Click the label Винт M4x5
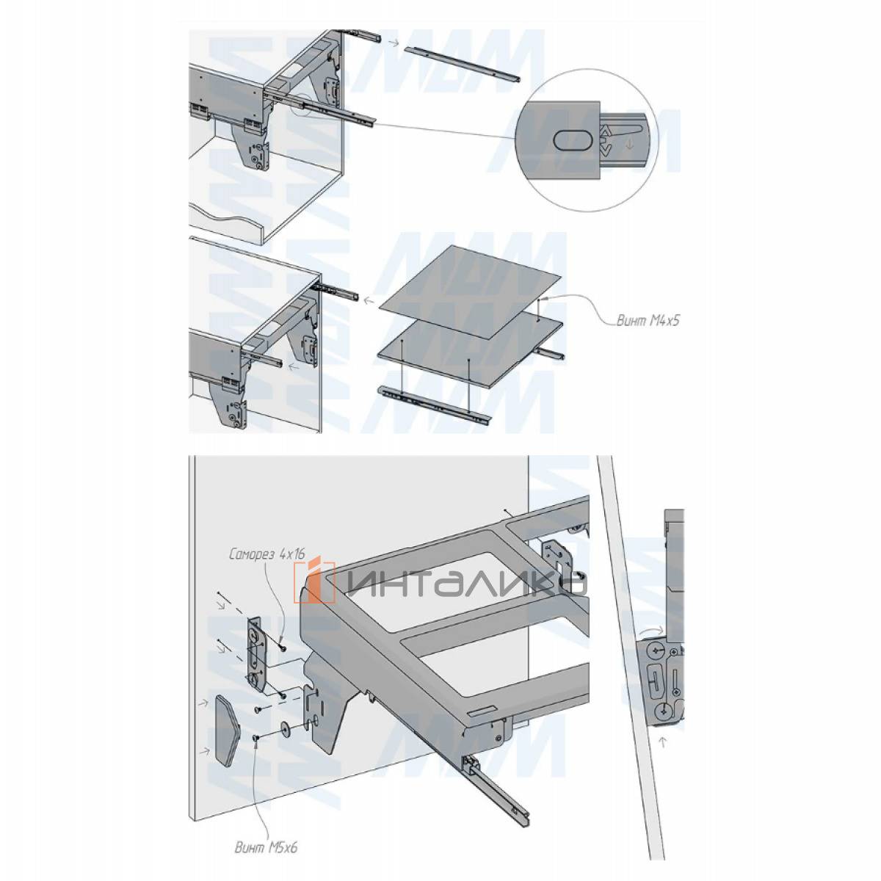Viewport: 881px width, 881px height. [648, 321]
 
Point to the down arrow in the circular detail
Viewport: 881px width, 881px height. [629, 145]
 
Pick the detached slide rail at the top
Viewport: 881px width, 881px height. [462, 65]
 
